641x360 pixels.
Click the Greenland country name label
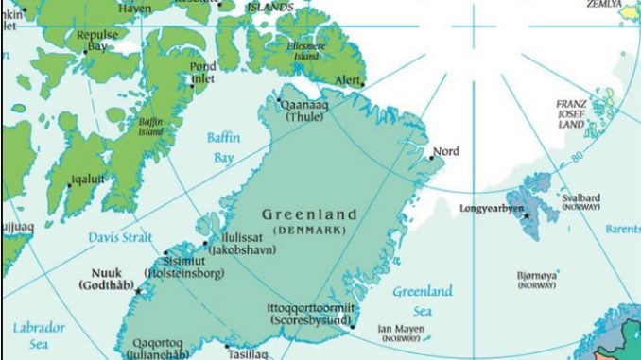309,215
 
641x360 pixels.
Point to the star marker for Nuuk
138,291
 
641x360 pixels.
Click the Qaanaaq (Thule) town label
304,113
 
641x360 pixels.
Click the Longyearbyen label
492,207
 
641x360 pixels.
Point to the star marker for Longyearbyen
527,216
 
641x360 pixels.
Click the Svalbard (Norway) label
581,202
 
